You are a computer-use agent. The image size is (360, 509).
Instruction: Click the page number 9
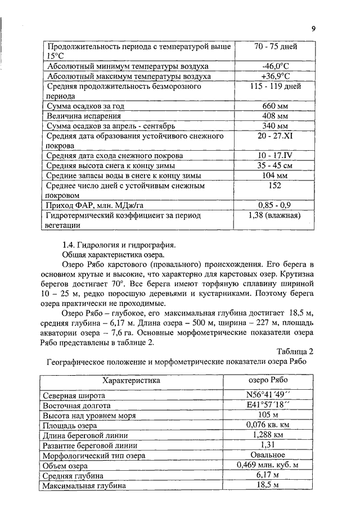click(314, 30)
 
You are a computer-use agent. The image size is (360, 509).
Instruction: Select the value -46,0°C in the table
click(275, 66)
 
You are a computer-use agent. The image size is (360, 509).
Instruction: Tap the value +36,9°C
click(275, 76)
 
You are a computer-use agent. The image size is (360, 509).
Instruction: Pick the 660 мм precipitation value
click(275, 106)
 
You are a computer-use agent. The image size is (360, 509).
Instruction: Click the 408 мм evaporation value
click(275, 116)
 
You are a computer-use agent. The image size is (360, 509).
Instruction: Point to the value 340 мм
click(275, 126)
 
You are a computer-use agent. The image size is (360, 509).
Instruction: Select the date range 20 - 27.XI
click(275, 136)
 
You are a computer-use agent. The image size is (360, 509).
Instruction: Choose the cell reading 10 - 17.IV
click(275, 156)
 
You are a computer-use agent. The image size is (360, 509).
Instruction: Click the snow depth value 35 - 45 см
click(275, 166)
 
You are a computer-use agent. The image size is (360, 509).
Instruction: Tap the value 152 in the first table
click(275, 186)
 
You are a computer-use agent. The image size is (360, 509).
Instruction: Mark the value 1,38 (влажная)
click(275, 215)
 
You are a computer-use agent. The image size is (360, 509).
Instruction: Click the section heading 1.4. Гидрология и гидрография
click(111, 245)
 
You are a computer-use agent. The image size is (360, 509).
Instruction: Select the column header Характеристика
click(133, 380)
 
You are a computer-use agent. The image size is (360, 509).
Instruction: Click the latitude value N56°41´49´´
click(268, 395)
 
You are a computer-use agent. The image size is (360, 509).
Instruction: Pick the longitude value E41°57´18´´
click(268, 405)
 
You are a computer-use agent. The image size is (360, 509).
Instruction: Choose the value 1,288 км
click(268, 435)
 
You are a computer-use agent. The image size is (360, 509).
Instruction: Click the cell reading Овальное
click(268, 455)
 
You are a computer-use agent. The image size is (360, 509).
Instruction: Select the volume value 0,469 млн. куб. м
click(268, 465)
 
